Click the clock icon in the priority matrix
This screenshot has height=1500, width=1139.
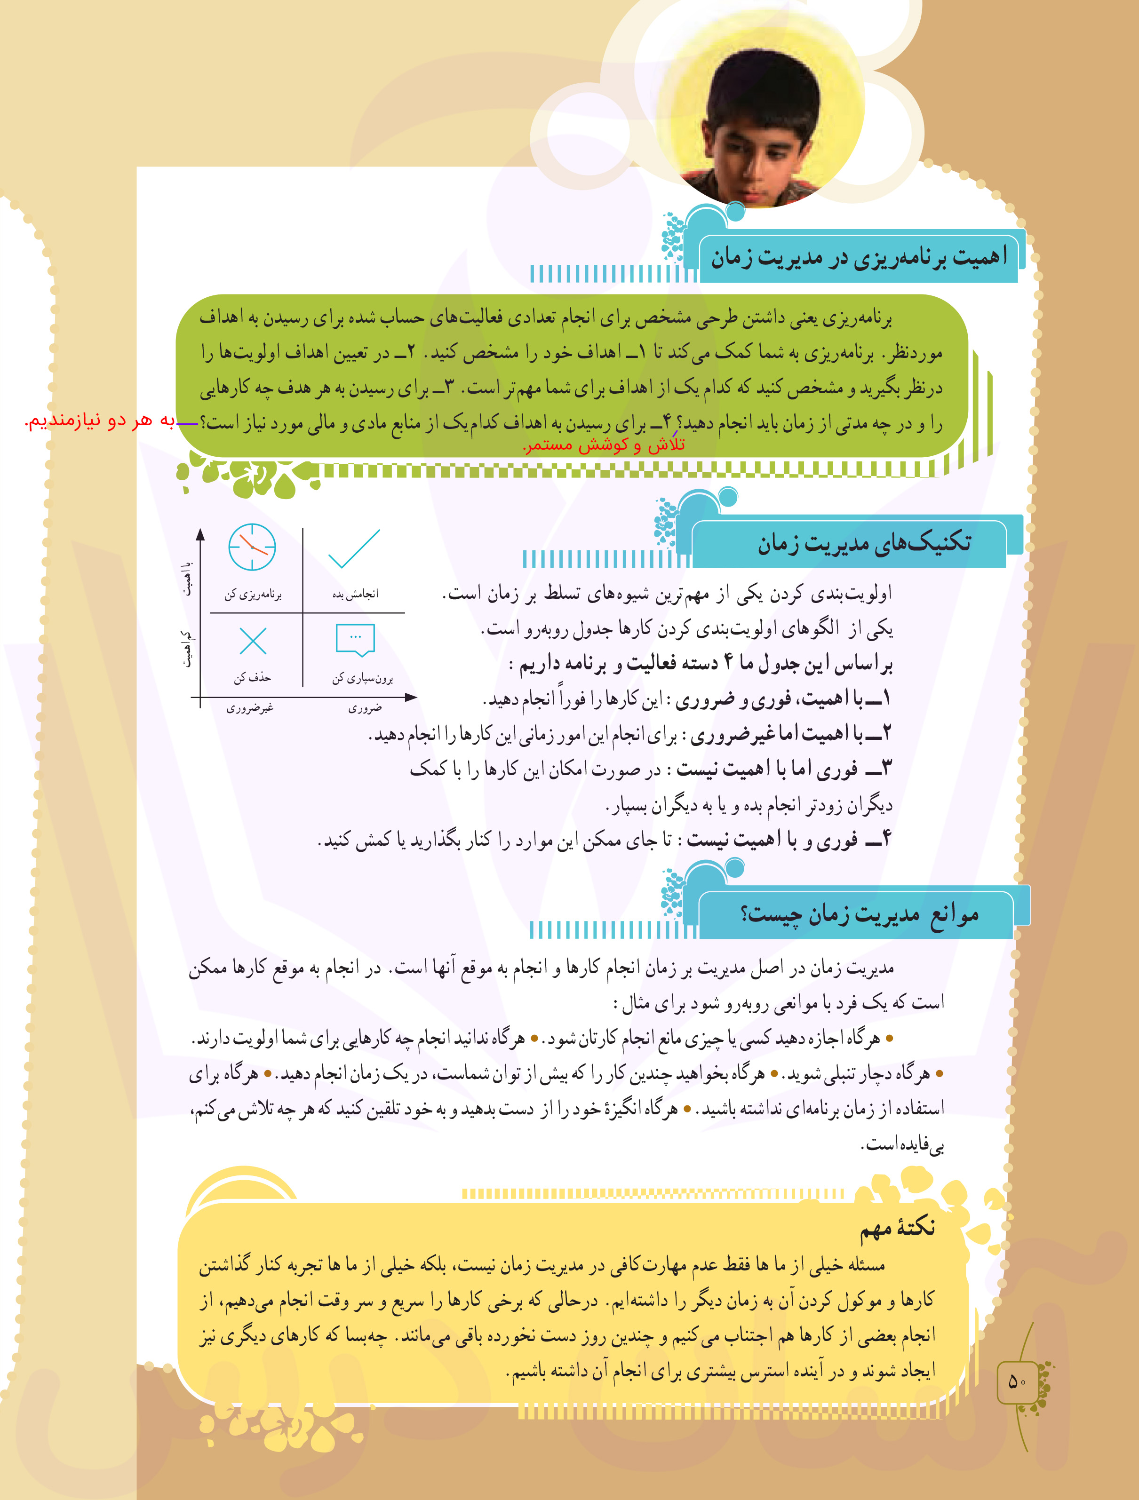[252, 547]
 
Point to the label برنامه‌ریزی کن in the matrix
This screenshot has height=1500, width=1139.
[253, 595]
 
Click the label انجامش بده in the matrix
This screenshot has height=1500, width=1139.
[355, 595]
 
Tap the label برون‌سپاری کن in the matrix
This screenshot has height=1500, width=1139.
[362, 678]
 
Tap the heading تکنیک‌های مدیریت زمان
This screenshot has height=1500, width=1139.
[864, 544]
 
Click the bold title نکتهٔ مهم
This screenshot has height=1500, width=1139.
[898, 1227]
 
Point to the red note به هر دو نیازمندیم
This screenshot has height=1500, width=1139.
[100, 421]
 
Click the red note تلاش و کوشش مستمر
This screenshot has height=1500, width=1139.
[604, 445]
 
